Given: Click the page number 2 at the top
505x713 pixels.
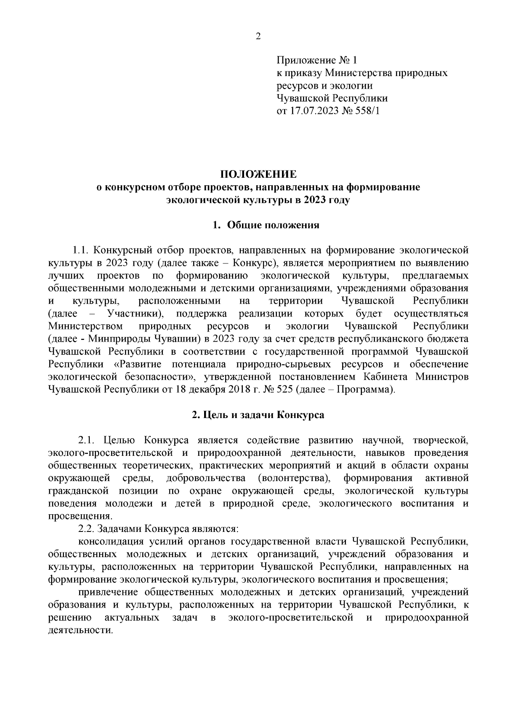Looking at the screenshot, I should click(x=258, y=37).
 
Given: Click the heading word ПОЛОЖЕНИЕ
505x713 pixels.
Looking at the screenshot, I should click(x=258, y=174).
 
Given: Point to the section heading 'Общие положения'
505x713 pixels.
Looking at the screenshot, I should click(x=273, y=225).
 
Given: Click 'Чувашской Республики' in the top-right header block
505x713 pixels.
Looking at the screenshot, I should click(x=332, y=99).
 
